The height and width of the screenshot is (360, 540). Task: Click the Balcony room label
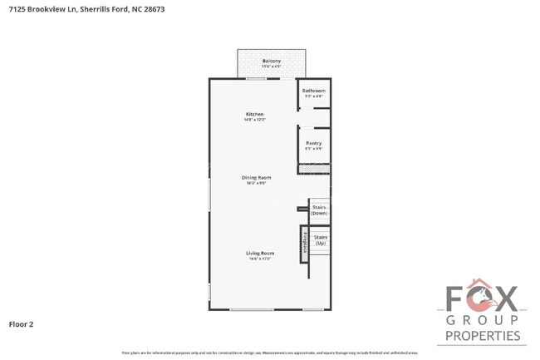point(271,61)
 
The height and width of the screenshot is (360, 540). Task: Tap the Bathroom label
point(313,90)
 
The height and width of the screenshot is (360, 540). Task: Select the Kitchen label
point(254,114)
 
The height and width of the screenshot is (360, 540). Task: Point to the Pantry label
point(313,143)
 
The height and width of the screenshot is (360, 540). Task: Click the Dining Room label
point(256,177)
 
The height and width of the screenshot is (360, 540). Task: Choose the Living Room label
point(259,253)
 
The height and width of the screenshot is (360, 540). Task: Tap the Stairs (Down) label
point(319,210)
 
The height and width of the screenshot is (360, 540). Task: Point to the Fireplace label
point(303,242)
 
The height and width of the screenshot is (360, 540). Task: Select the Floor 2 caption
point(21,323)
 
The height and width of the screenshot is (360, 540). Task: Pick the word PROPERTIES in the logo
point(483,336)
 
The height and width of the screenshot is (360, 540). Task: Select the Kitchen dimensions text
point(254,120)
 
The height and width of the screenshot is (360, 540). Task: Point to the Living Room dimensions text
point(259,259)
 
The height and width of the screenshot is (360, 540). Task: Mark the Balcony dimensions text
point(271,67)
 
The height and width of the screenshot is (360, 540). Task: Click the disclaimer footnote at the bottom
point(270,353)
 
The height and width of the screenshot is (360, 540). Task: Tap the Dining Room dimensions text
point(256,183)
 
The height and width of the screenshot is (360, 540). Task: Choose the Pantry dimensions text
point(313,149)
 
